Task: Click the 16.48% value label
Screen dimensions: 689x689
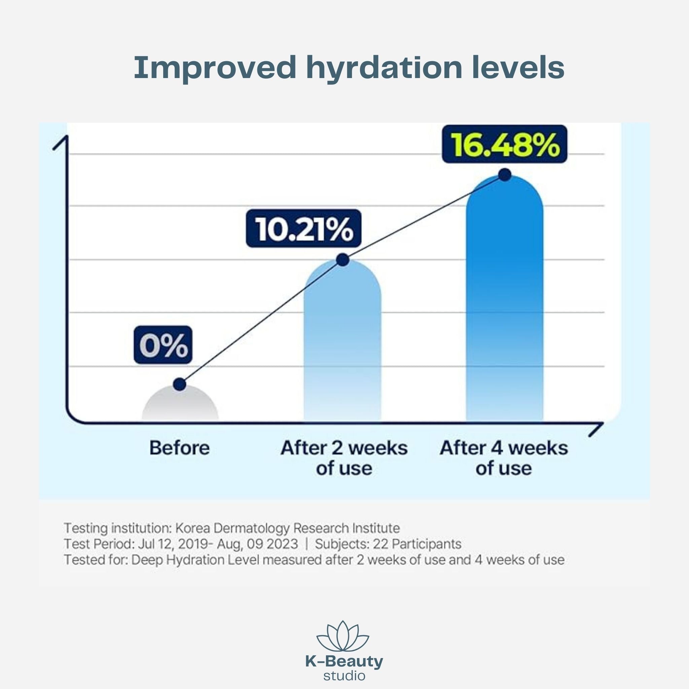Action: (x=504, y=144)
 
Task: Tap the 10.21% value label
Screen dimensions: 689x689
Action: (x=303, y=228)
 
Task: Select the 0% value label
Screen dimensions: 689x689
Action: (x=163, y=345)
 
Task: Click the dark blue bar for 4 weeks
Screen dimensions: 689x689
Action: (x=504, y=303)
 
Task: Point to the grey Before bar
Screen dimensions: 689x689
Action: (x=180, y=405)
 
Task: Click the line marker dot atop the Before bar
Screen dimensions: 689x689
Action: (x=180, y=384)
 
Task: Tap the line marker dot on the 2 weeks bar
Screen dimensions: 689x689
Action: (x=342, y=260)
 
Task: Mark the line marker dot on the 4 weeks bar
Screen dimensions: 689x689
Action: (x=505, y=175)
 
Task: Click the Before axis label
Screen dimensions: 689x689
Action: (x=179, y=448)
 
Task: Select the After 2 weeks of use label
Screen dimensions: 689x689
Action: (x=344, y=458)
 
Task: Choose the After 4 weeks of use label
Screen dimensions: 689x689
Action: (x=504, y=458)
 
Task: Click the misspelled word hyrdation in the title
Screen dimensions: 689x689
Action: (x=384, y=68)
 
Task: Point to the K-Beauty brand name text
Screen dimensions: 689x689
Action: (x=344, y=662)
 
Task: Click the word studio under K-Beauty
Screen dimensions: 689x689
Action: (x=344, y=675)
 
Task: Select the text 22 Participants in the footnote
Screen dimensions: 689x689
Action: (x=417, y=544)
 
